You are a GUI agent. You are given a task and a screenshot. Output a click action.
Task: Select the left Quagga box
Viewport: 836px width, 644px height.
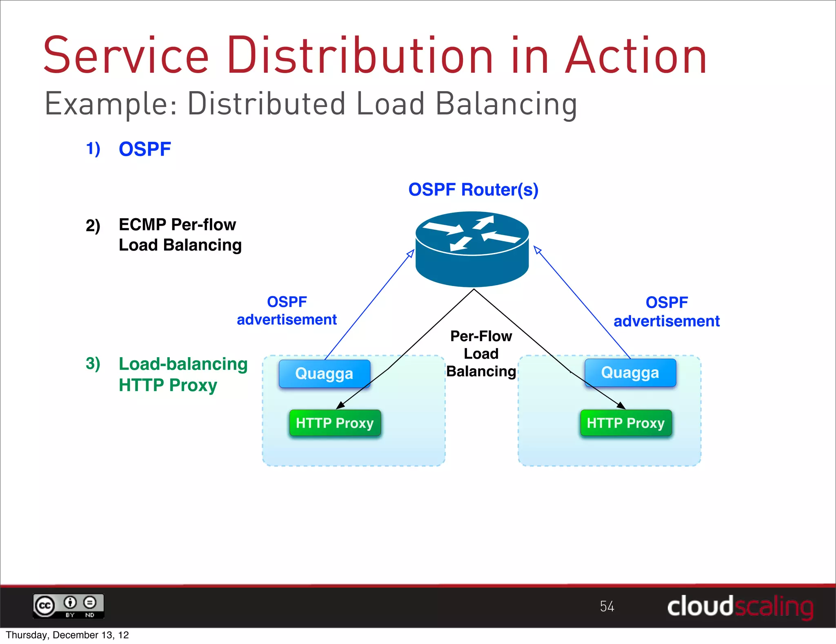click(x=325, y=373)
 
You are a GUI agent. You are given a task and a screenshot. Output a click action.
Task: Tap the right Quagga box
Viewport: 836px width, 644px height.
click(x=630, y=373)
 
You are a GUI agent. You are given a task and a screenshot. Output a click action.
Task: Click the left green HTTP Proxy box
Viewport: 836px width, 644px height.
click(x=335, y=423)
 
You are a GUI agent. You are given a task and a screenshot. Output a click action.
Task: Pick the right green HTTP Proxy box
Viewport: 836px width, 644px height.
click(x=626, y=423)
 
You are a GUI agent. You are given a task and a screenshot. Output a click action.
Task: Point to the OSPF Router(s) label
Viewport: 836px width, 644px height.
click(x=474, y=190)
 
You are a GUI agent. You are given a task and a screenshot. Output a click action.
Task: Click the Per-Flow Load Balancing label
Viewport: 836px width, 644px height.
click(x=481, y=354)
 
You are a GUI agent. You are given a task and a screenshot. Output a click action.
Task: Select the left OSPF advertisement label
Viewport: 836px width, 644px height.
click(x=287, y=311)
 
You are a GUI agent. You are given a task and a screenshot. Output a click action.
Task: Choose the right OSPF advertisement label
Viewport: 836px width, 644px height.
click(x=667, y=312)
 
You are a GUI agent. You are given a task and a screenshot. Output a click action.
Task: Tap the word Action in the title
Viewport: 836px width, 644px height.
click(x=636, y=56)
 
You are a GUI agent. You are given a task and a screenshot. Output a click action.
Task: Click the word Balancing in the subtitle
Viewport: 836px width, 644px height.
click(x=506, y=104)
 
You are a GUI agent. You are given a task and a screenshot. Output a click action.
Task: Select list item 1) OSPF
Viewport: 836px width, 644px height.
click(x=129, y=149)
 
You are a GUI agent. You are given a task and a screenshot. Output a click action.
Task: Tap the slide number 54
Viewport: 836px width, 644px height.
click(x=607, y=606)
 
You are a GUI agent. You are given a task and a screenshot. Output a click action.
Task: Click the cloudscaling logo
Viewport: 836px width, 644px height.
click(x=740, y=606)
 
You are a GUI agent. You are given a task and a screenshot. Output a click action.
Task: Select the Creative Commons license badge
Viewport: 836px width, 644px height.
click(x=69, y=606)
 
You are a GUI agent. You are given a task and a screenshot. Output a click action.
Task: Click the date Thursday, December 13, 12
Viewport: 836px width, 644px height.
click(x=67, y=635)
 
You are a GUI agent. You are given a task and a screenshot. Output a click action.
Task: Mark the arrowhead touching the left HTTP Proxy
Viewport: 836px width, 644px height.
click(x=340, y=405)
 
